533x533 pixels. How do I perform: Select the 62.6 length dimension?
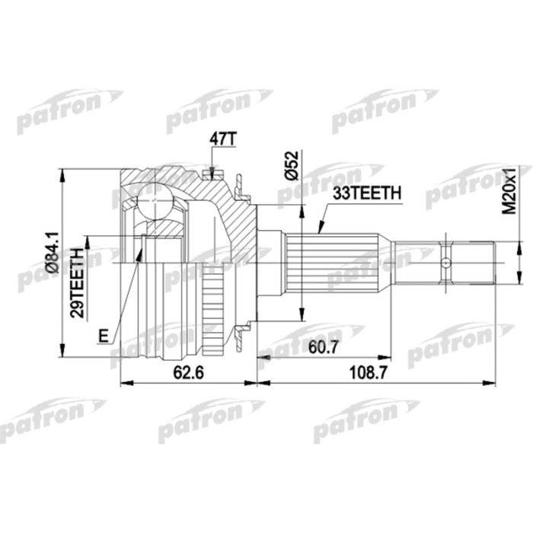(x=180, y=372)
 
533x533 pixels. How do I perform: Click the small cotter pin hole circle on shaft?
(x=445, y=263)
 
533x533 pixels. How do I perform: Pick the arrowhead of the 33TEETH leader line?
(x=318, y=231)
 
